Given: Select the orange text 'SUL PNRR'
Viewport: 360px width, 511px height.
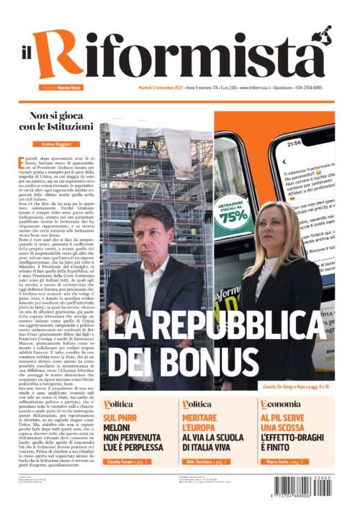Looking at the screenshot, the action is (x=120, y=417).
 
